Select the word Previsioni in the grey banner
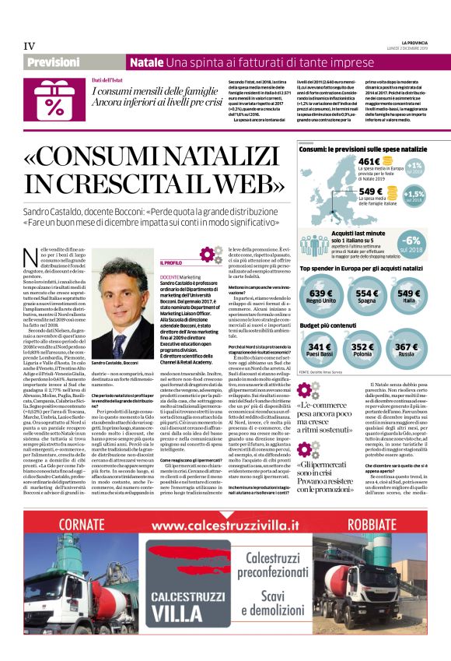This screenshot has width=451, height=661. click(x=54, y=62)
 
